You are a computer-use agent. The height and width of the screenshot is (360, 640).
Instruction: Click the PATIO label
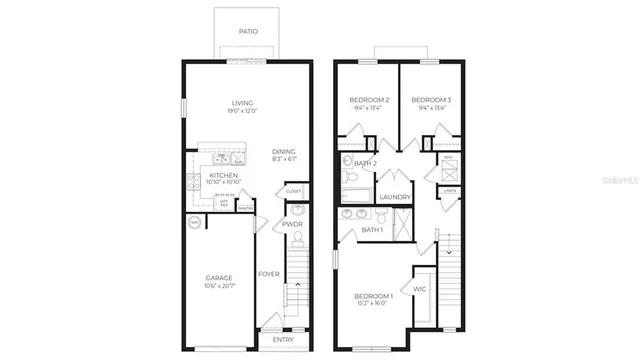tap(248, 32)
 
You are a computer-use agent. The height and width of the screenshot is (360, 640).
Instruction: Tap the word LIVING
tap(242, 103)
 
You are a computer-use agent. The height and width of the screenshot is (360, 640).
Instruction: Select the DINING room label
tap(284, 152)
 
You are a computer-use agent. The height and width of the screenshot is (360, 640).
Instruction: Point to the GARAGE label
tap(219, 278)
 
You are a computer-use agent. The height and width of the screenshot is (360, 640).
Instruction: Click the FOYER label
tap(269, 274)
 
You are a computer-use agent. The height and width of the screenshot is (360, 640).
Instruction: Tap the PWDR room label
tap(292, 225)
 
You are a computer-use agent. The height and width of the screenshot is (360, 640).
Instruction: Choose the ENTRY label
tap(283, 340)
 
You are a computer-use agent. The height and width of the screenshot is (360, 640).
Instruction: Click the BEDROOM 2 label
tap(369, 100)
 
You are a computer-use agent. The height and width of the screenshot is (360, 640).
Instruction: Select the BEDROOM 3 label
tap(431, 100)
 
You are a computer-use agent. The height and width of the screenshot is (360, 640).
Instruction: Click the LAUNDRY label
tap(395, 197)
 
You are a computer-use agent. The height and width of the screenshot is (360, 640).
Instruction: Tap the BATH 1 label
tap(358, 232)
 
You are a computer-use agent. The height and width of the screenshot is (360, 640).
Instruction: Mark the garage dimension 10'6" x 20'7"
tap(219, 287)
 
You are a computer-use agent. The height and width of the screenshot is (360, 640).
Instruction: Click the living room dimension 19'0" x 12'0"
tap(242, 111)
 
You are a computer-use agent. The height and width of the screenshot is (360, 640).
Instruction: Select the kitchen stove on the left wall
tap(192, 182)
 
